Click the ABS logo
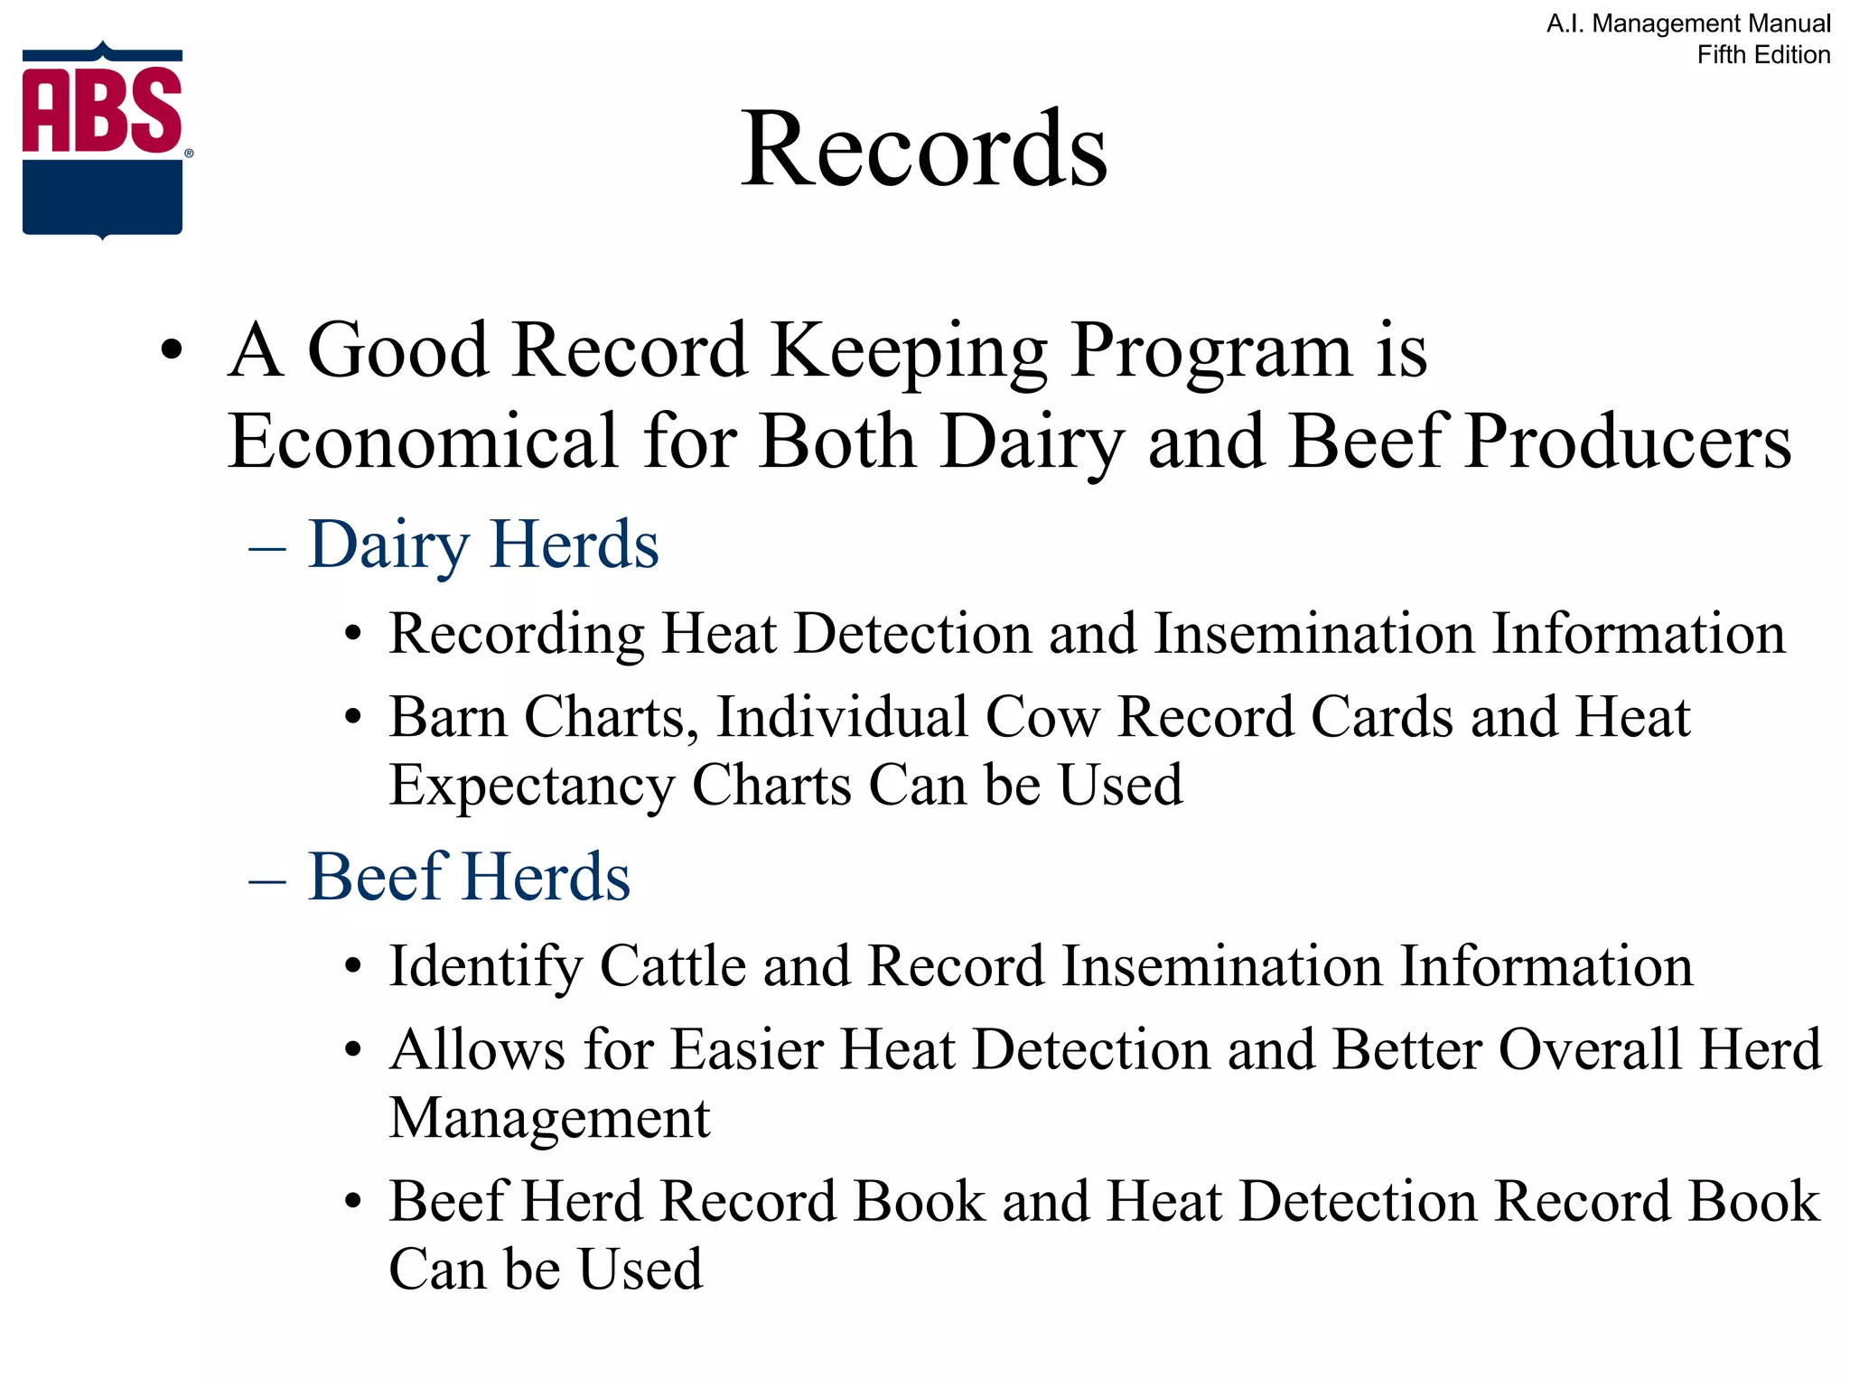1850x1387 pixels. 103,140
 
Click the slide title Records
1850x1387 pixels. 923,148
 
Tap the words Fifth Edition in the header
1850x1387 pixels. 1763,55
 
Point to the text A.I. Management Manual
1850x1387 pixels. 1688,23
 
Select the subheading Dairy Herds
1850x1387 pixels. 483,545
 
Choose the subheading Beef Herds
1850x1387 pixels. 469,877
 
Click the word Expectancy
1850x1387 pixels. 531,784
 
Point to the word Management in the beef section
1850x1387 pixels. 549,1117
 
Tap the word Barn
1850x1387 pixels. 447,717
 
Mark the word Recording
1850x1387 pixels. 516,633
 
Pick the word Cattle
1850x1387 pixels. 673,966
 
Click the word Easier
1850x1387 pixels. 746,1049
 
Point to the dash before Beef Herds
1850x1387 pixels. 267,879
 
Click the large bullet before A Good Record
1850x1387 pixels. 171,350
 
